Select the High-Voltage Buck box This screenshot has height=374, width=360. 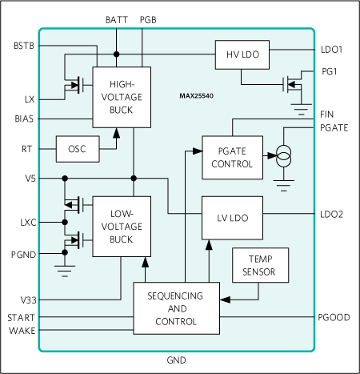point(122,96)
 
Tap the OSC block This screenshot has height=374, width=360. point(77,148)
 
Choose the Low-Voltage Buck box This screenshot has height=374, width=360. point(122,227)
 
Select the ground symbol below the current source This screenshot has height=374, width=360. point(284,186)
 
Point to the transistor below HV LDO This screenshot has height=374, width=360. point(292,84)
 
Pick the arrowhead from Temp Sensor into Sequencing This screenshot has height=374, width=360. point(223,300)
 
